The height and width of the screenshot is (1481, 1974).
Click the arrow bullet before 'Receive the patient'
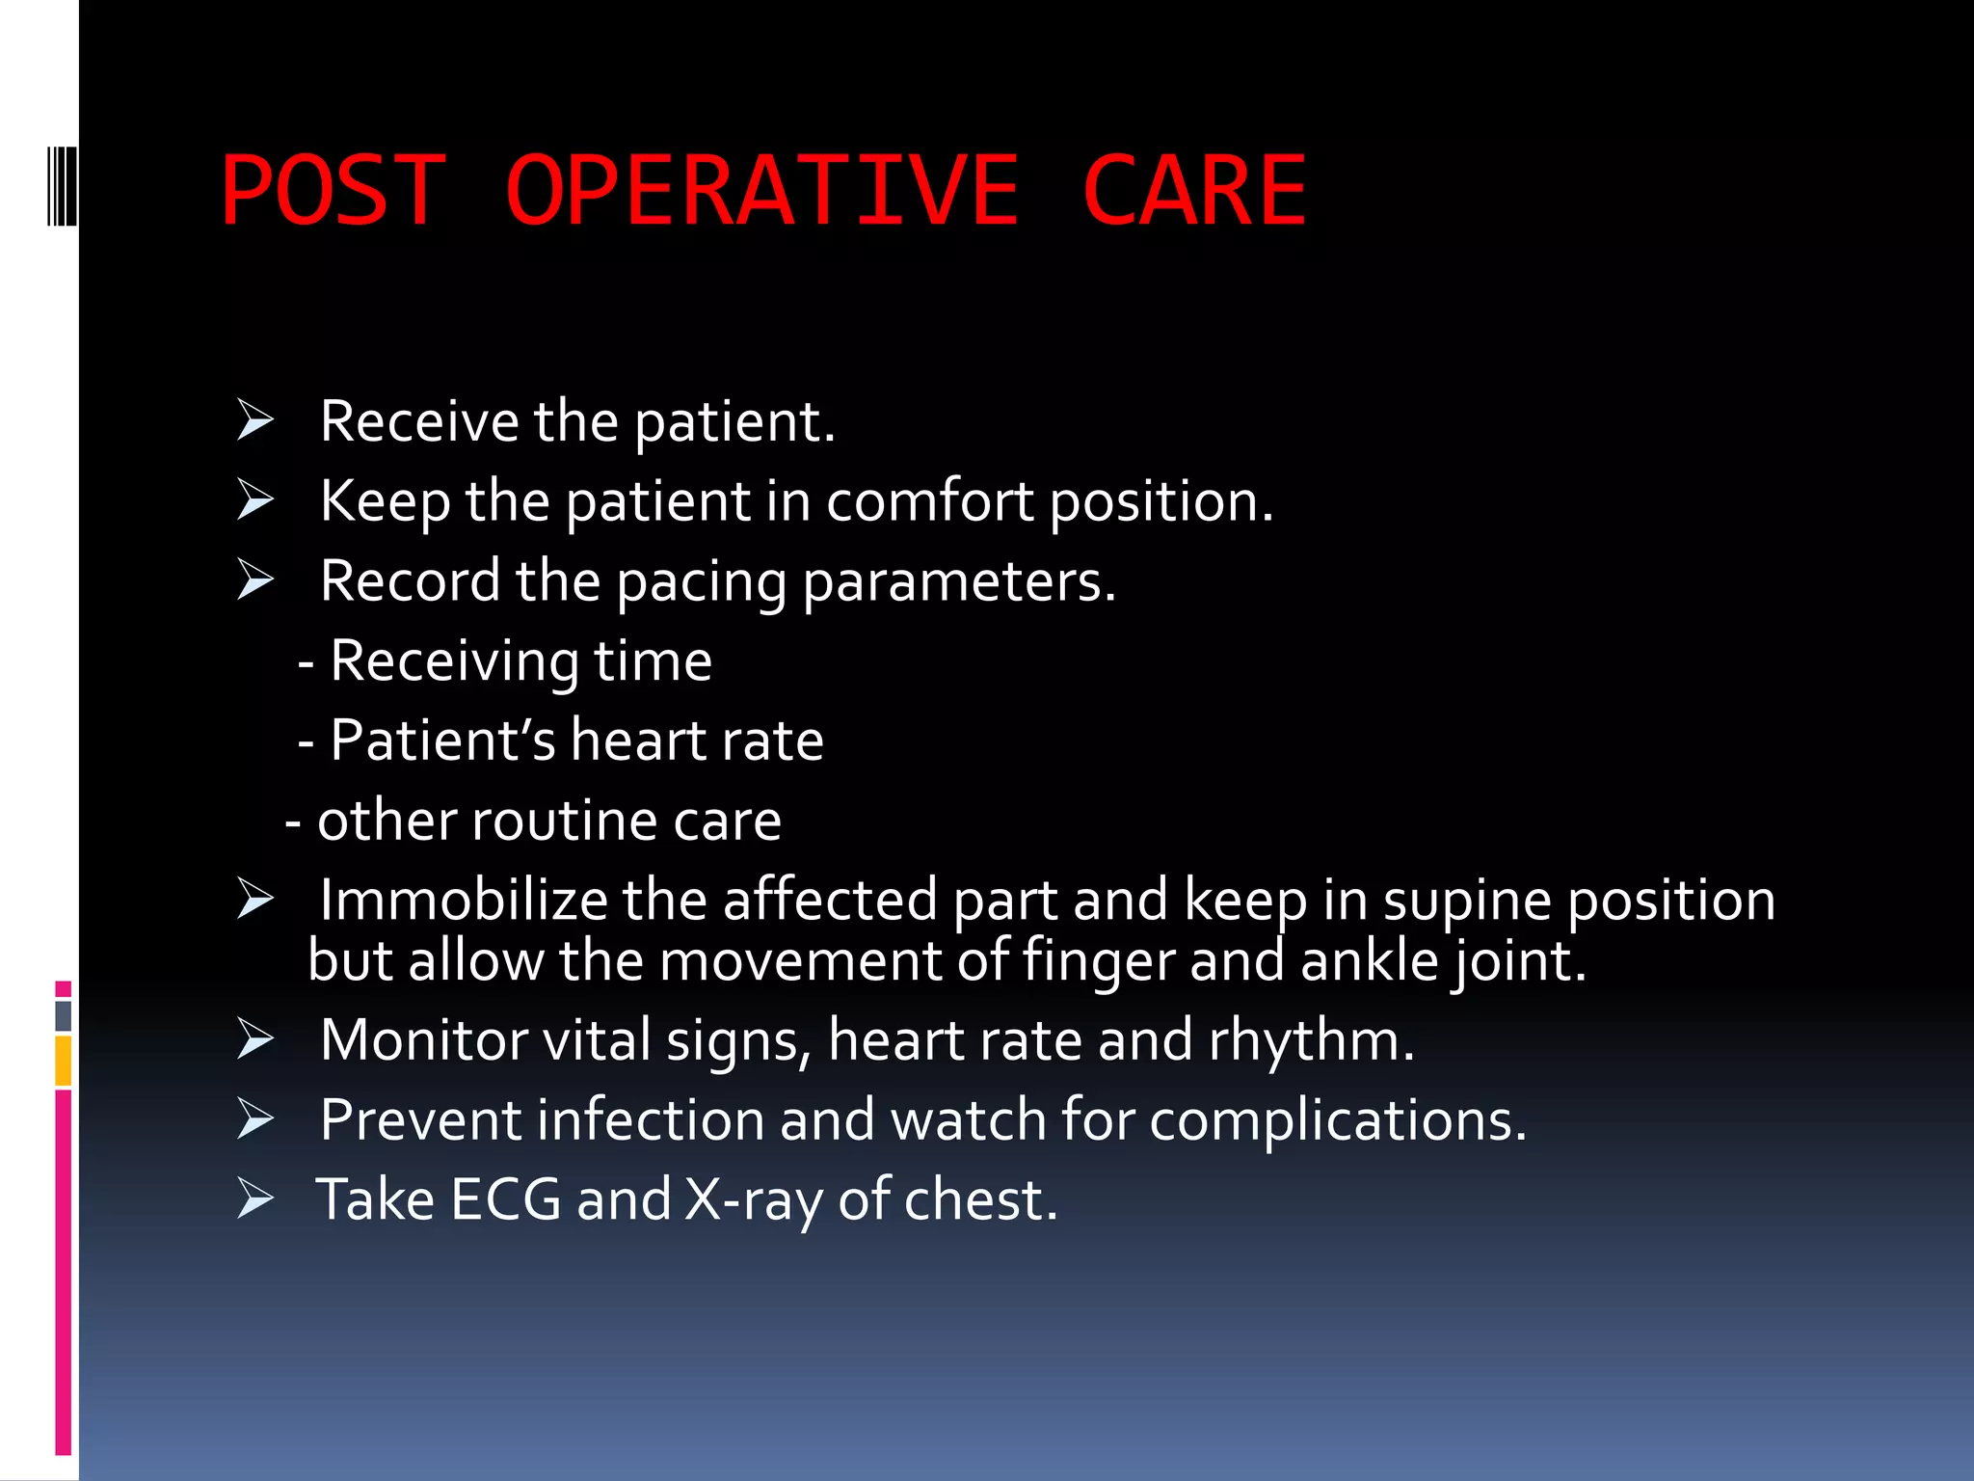click(255, 421)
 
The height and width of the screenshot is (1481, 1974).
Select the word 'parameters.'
click(959, 582)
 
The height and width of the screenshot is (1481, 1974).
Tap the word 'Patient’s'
click(442, 740)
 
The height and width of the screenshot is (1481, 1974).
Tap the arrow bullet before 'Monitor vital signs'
click(255, 1039)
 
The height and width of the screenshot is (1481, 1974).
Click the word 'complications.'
click(1338, 1121)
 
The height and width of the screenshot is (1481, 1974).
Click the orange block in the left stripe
click(64, 1061)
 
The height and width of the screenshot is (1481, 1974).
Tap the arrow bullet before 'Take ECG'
click(255, 1198)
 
